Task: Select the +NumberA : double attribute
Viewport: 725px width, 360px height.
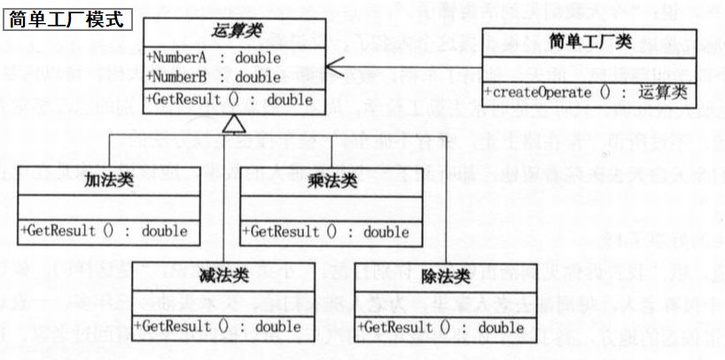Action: click(x=214, y=58)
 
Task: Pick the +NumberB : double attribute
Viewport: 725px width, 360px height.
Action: click(x=214, y=77)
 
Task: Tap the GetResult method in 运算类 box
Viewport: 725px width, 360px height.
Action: click(x=232, y=99)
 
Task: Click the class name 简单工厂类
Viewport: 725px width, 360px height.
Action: click(x=589, y=40)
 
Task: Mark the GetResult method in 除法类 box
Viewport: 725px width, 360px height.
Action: click(x=440, y=327)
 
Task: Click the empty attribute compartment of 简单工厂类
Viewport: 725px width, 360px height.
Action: click(x=589, y=68)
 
